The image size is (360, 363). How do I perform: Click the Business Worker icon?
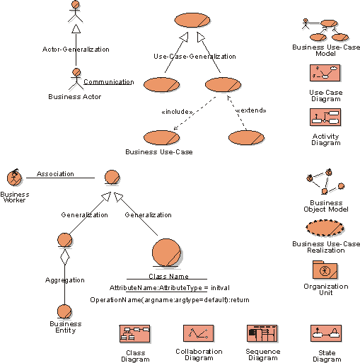tap(14, 178)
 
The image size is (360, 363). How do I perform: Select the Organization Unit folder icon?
tap(325, 270)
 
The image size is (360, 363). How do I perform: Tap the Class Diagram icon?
tap(134, 333)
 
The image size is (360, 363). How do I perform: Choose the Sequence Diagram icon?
tap(262, 333)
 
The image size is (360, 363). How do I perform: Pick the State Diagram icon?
tap(326, 333)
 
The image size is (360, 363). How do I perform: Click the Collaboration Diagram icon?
tap(198, 333)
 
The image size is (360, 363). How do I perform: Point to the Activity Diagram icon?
tap(325, 117)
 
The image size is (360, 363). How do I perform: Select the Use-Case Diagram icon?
tap(325, 73)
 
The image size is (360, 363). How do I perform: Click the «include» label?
tap(178, 112)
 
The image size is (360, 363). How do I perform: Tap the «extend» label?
tap(251, 110)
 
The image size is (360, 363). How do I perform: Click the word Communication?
tap(109, 82)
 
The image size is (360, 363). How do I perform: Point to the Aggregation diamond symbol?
tap(65, 257)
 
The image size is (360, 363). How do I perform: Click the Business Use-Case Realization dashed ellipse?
tap(325, 228)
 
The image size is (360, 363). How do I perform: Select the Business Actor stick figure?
tap(76, 79)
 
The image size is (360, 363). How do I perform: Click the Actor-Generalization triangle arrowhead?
tap(76, 29)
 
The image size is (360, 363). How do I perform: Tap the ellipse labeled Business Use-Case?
tap(161, 137)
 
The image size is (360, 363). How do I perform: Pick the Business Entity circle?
tap(64, 312)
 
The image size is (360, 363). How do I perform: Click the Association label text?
tap(55, 174)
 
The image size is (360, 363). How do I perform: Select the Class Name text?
tap(168, 276)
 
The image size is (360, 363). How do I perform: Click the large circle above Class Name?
tap(166, 253)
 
